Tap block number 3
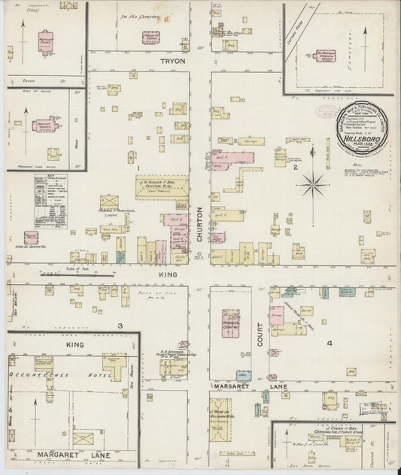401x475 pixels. (119, 325)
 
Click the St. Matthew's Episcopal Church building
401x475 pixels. (326, 57)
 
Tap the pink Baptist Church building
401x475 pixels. (45, 124)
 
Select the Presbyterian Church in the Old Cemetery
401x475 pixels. (151, 38)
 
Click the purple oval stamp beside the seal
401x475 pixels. (324, 113)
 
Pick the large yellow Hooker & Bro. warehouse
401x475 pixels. (162, 187)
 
